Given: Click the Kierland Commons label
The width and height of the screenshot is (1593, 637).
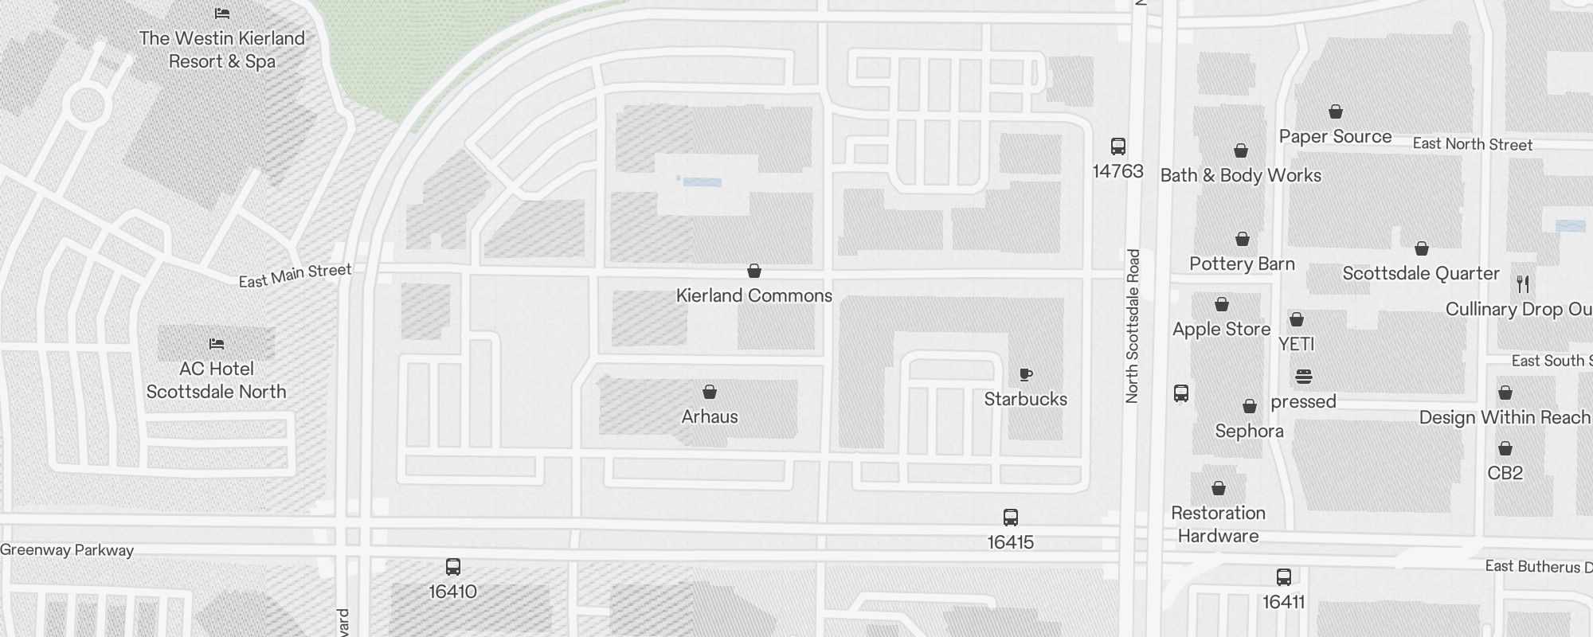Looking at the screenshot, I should coord(753,295).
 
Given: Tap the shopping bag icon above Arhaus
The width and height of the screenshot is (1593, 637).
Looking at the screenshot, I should coord(710,392).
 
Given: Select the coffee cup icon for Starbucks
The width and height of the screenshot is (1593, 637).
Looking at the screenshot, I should coord(1026,374).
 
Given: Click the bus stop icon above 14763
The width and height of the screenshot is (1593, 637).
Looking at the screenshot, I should coord(1118,147).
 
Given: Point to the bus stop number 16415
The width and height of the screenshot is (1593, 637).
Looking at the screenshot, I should coord(1010,542).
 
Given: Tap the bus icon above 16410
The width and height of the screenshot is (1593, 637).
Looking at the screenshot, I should coord(453,567).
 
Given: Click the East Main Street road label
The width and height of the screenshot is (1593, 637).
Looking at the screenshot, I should coord(295,276).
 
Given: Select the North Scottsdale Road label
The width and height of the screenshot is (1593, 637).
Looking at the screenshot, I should coord(1133,326).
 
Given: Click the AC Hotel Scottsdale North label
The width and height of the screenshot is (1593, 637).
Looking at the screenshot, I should coord(216,380).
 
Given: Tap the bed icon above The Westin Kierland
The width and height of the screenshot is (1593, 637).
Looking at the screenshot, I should coord(222,14).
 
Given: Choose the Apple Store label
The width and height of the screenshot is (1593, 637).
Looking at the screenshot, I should coord(1221,329).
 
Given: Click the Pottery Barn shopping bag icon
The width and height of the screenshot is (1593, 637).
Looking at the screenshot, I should coord(1243,239).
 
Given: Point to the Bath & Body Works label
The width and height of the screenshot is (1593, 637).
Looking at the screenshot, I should coord(1240,175).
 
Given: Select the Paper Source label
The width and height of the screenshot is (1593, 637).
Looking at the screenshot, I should coord(1335,136).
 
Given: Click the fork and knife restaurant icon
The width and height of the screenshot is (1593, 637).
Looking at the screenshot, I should coord(1522,283).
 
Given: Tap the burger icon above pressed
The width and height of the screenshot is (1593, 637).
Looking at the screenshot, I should coord(1303,376).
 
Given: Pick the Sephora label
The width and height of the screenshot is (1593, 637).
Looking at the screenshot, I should coord(1249,431).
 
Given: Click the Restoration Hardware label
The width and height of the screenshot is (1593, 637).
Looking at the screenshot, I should coord(1218,524).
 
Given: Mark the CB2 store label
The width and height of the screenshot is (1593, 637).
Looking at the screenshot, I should coord(1505,473).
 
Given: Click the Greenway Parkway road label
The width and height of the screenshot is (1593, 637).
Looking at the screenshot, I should coord(67,549).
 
